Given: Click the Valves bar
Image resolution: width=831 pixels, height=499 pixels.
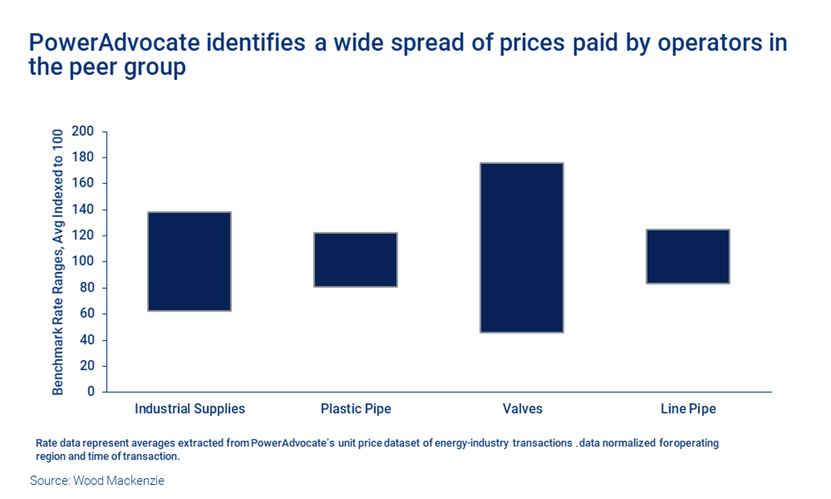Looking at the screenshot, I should point(522,248).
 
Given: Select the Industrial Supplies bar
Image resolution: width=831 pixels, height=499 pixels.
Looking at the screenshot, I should point(189,262).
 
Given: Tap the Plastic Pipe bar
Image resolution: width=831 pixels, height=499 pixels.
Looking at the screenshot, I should point(355,260).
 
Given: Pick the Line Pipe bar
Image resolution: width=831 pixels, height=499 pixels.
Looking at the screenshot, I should point(688,256).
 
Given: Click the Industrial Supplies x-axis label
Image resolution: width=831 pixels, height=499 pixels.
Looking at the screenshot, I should point(190,409).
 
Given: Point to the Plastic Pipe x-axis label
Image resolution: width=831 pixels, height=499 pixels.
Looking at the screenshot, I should point(355,409).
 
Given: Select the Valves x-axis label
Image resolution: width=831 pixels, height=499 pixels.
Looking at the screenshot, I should point(522,409).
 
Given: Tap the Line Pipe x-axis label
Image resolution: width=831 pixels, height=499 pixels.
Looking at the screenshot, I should point(688,409).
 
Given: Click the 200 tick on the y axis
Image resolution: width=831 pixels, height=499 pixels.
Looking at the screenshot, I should point(83,131).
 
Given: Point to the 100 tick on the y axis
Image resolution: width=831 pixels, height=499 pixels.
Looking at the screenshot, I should point(83,262).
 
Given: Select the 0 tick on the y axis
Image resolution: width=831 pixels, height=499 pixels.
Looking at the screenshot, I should point(91,391).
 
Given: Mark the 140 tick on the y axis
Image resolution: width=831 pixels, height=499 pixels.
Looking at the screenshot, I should point(83,209).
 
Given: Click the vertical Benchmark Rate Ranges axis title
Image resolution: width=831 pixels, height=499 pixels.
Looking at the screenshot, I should point(58,262).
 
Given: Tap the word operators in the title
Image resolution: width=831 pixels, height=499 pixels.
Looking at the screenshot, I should point(710,43).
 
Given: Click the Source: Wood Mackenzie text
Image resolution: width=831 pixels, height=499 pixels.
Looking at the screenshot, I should point(97,481).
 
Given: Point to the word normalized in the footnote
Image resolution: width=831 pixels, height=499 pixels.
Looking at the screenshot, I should point(629,443).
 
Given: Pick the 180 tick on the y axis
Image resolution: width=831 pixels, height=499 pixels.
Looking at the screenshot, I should point(83,157).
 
